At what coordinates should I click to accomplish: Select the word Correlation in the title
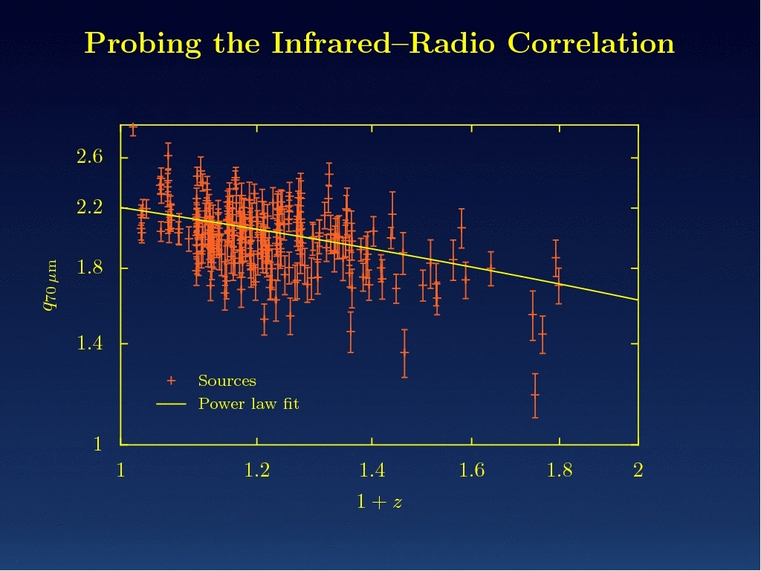click(591, 43)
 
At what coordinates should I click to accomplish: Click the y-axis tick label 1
click(97, 445)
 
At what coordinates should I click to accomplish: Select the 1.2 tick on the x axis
click(256, 470)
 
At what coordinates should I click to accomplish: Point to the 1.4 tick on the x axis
click(372, 470)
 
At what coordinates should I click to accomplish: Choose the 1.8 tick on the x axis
click(560, 470)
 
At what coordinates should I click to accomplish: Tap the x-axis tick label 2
click(638, 470)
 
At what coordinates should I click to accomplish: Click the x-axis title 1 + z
click(379, 502)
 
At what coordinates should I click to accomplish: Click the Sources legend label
click(227, 381)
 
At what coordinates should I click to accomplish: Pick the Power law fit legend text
click(248, 404)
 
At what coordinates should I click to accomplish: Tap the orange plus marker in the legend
click(171, 381)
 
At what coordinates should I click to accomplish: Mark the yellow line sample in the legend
click(171, 404)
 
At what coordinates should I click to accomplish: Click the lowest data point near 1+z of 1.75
click(534, 395)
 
